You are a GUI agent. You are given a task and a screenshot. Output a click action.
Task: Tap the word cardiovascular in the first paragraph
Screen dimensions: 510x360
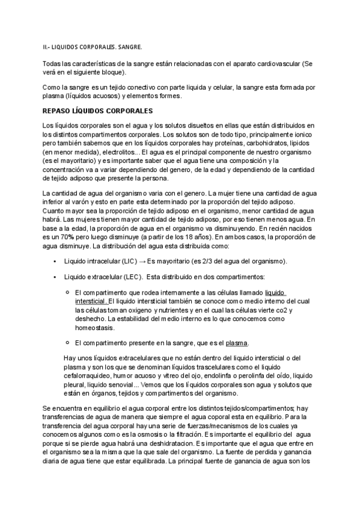279,63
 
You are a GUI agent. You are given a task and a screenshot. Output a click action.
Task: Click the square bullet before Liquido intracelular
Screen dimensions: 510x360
55,261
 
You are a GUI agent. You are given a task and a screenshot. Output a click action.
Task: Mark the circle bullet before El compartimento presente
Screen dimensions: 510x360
67,342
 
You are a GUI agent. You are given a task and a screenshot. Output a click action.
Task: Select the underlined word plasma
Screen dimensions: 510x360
236,343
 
